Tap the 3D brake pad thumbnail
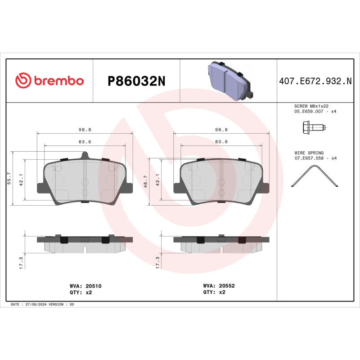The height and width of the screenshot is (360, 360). tap(229, 81)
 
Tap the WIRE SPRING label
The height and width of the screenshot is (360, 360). tap(309, 153)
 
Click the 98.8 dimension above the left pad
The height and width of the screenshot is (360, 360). tap(85, 129)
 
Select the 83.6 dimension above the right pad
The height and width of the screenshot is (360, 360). tap(221, 142)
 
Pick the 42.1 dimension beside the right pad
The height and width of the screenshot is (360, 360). tap(157, 180)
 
